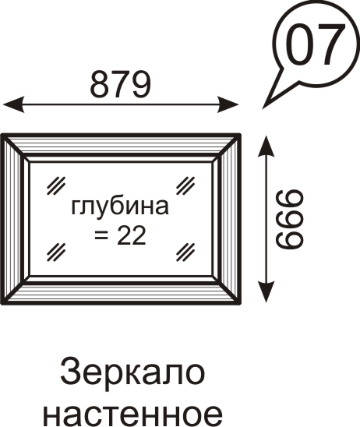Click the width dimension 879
pos(120,84)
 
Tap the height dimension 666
pos(289,219)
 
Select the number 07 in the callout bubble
pos(316,44)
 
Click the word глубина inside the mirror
pos(120,207)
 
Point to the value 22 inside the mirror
pos(131,235)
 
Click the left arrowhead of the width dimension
pos(13,104)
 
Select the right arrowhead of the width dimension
pos(228,104)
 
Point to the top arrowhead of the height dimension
pos(266,146)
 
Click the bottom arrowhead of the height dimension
pos(266,291)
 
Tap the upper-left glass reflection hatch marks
pos(56,186)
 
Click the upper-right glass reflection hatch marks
pos(185,186)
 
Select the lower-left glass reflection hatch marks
pos(56,252)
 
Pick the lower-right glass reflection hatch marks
pos(185,252)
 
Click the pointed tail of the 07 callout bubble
pos(263,109)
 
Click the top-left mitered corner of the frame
pos(2,135)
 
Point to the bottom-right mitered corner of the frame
pos(239,303)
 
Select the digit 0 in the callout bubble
pos(298,44)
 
